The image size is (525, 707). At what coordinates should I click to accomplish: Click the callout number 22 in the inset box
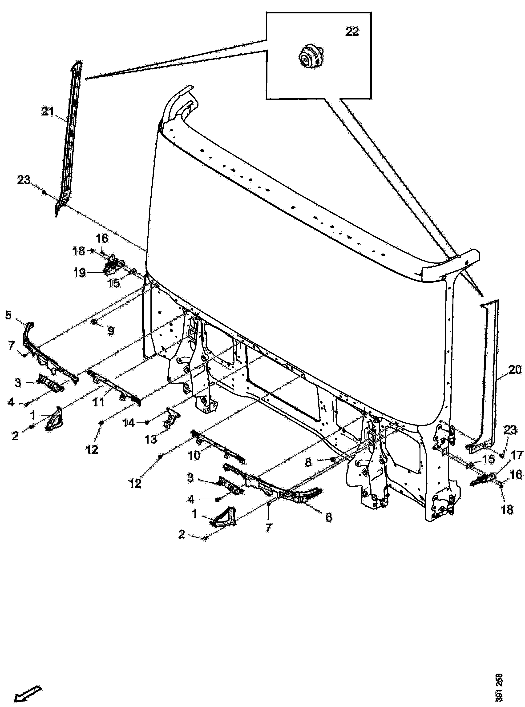(x=352, y=32)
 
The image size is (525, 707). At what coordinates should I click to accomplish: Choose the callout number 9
(x=111, y=331)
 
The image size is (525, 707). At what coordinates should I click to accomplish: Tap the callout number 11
(x=98, y=403)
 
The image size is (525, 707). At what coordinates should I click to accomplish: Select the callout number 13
(x=151, y=439)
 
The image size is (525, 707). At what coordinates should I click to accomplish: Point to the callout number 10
(x=194, y=456)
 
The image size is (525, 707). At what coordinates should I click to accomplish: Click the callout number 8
(x=308, y=462)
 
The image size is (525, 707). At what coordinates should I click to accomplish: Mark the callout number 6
(x=329, y=517)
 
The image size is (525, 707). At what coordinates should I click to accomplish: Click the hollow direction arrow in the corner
(x=28, y=691)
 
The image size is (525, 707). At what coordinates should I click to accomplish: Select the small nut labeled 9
(x=95, y=322)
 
